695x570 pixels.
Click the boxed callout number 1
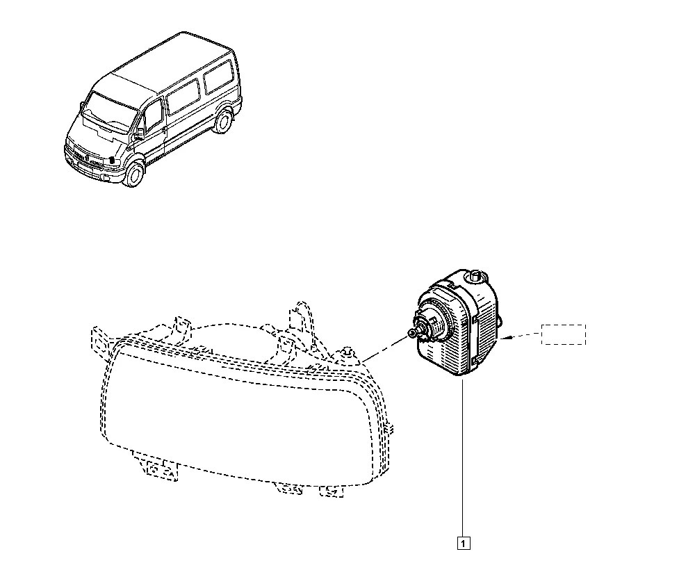(463, 543)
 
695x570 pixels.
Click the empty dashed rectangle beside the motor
(564, 334)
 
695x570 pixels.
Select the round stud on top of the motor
(476, 276)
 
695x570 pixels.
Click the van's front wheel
(134, 174)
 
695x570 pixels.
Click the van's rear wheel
(222, 121)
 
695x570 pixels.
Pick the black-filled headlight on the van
(112, 159)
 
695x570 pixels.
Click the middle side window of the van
(183, 97)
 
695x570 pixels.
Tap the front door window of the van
(154, 115)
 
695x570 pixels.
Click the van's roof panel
(174, 63)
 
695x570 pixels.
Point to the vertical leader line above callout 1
(463, 457)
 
